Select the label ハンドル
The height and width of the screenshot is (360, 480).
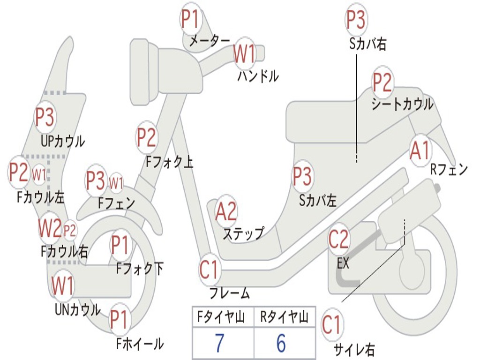[258, 76]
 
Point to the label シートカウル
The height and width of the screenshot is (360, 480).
[402, 104]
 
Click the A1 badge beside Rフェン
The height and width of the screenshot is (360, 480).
[420, 151]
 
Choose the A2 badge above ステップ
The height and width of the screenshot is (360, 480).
[226, 211]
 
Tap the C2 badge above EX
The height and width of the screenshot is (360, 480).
[338, 240]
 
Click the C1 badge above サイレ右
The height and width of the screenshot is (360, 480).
[332, 325]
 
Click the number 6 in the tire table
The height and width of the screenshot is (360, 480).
[281, 344]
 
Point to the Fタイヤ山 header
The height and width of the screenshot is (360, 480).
[220, 318]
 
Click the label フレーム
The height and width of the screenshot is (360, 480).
[229, 294]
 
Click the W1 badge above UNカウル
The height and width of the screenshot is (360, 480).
[63, 285]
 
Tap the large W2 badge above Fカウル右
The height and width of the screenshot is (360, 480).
[50, 229]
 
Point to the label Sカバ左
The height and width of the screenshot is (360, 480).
[318, 201]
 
